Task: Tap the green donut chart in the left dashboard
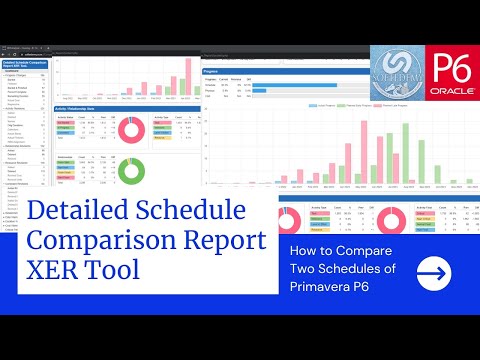click(x=130, y=169)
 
